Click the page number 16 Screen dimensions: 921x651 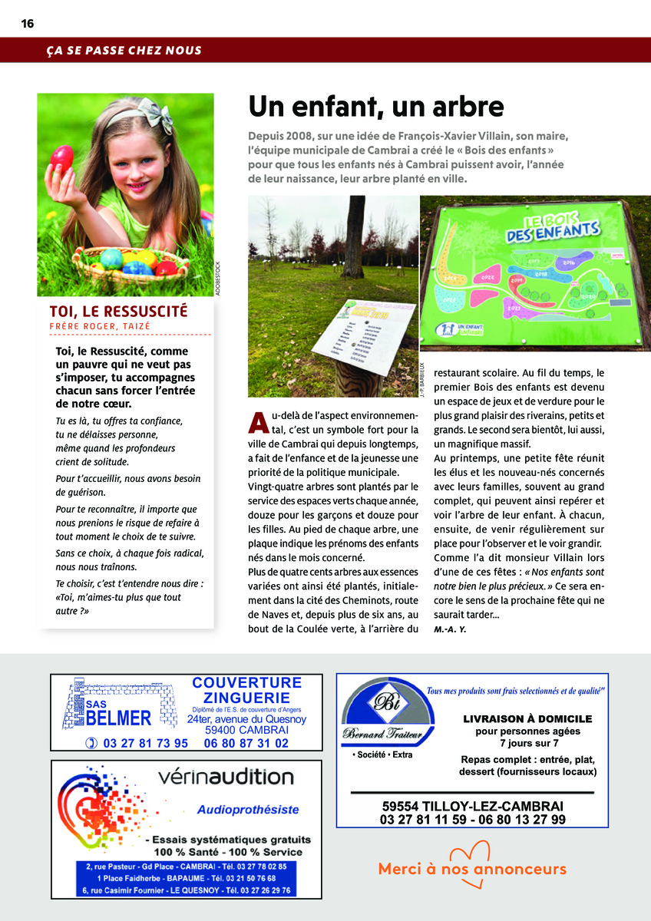[27, 24]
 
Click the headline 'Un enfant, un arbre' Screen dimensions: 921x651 [375, 107]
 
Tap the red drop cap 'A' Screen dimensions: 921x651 [259, 422]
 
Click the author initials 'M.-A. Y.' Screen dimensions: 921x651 [450, 629]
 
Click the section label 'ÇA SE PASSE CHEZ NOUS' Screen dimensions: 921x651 [123, 51]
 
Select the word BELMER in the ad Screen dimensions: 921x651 [118, 718]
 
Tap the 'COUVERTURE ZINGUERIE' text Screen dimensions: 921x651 [246, 690]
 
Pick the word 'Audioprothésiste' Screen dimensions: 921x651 [248, 810]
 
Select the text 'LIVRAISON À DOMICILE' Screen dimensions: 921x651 [527, 719]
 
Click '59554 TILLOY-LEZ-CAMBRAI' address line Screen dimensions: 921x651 [472, 806]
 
